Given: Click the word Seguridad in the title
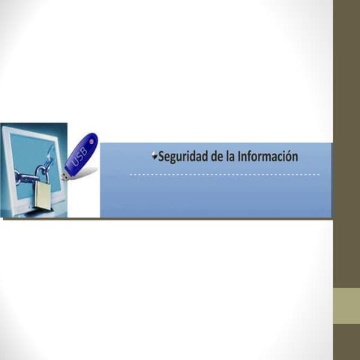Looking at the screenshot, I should [x=184, y=157].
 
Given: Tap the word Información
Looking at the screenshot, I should [x=268, y=157].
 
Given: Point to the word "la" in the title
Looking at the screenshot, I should [x=232, y=157].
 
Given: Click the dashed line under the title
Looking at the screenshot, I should [x=225, y=174].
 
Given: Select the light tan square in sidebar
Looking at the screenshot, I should [x=346, y=306].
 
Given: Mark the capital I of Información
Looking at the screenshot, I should [x=240, y=157].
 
